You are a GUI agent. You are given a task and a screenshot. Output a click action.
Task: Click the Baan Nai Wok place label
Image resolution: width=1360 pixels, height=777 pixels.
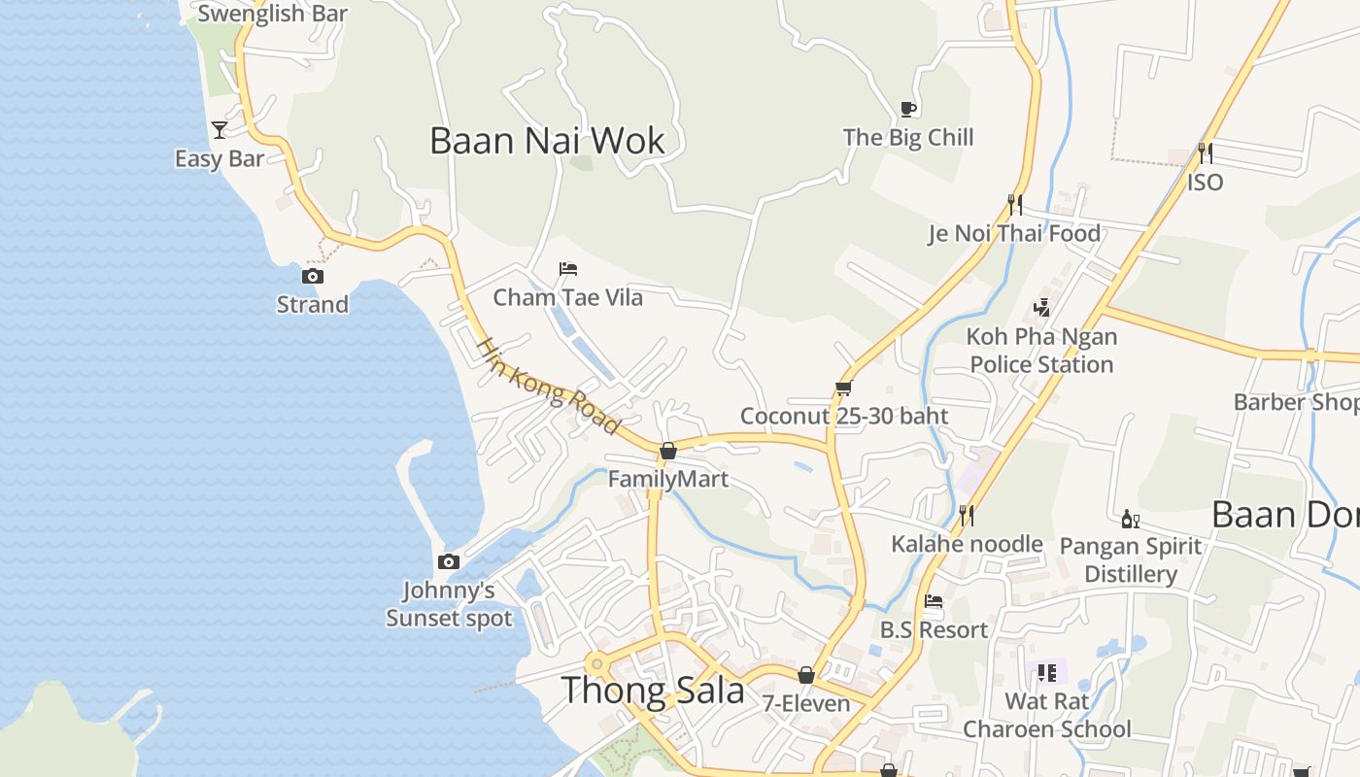[547, 141]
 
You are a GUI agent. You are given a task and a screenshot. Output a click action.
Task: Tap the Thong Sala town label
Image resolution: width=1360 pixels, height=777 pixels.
[653, 691]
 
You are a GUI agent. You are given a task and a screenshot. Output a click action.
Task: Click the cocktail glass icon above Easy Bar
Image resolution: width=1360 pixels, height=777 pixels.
[220, 130]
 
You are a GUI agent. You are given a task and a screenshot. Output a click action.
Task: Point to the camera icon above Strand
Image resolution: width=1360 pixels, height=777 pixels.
[312, 277]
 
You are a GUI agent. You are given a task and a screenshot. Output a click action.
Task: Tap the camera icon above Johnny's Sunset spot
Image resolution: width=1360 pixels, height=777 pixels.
[448, 561]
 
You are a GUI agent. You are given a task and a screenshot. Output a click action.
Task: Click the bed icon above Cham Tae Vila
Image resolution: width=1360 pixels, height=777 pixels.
[568, 269]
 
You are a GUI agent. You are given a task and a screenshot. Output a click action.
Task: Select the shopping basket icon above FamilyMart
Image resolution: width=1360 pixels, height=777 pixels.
[667, 451]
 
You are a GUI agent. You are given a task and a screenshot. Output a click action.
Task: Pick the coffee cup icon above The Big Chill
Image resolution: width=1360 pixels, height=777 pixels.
[908, 109]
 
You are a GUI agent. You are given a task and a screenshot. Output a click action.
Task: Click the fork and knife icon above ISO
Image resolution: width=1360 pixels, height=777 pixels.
[1205, 152]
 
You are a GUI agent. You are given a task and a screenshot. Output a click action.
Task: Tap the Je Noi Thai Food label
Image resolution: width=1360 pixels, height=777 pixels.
[1014, 233]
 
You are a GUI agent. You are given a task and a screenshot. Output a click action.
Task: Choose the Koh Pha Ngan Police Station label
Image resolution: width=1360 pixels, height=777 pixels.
[1041, 351]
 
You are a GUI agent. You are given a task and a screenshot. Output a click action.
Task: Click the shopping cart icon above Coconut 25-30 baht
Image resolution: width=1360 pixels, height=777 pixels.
[843, 388]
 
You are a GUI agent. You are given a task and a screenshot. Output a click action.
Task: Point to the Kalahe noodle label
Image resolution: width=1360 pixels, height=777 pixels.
[967, 544]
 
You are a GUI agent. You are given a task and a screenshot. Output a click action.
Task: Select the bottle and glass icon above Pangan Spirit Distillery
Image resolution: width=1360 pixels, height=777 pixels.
[1130, 519]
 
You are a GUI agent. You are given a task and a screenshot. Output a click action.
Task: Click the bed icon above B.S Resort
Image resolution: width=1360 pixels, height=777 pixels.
[934, 601]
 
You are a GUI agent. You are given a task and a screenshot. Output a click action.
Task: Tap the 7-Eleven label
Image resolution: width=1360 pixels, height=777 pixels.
[805, 703]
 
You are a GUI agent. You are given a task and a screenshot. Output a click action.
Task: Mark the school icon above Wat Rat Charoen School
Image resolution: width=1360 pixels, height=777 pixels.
[1046, 672]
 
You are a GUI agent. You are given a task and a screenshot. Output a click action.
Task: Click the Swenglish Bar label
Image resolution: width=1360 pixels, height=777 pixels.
[272, 14]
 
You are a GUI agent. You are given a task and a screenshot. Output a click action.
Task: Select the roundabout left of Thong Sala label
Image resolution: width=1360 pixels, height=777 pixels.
[596, 664]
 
